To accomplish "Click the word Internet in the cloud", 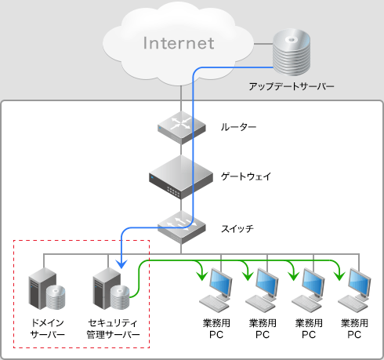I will (178, 42).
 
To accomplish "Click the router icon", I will (181, 125).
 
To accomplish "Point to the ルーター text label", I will (238, 126).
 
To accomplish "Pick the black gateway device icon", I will (181, 176).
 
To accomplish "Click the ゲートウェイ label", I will (246, 176).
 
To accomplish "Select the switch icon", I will (181, 228).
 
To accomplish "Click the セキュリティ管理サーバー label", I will (113, 329).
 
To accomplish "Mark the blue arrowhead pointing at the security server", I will (120, 264).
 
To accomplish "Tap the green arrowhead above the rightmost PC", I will (339, 275).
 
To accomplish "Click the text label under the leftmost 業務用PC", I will (216, 329).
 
